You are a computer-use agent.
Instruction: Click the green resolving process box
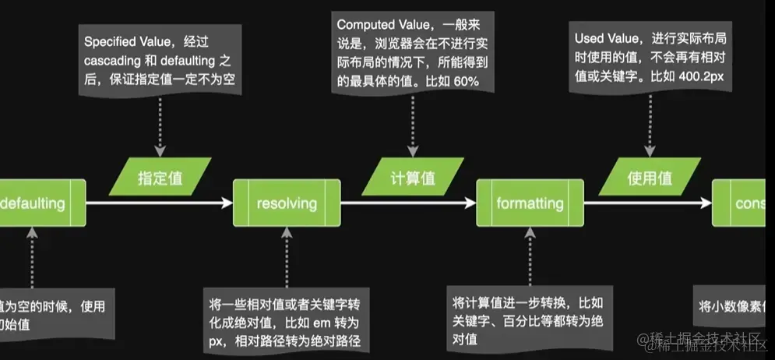(x=287, y=203)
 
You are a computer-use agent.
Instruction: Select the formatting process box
(x=530, y=203)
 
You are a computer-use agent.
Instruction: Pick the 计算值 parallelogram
(x=412, y=178)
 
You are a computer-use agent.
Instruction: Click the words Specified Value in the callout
(x=125, y=41)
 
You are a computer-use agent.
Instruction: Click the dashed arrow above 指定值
(x=160, y=125)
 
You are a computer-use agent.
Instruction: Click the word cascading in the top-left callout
(x=113, y=60)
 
